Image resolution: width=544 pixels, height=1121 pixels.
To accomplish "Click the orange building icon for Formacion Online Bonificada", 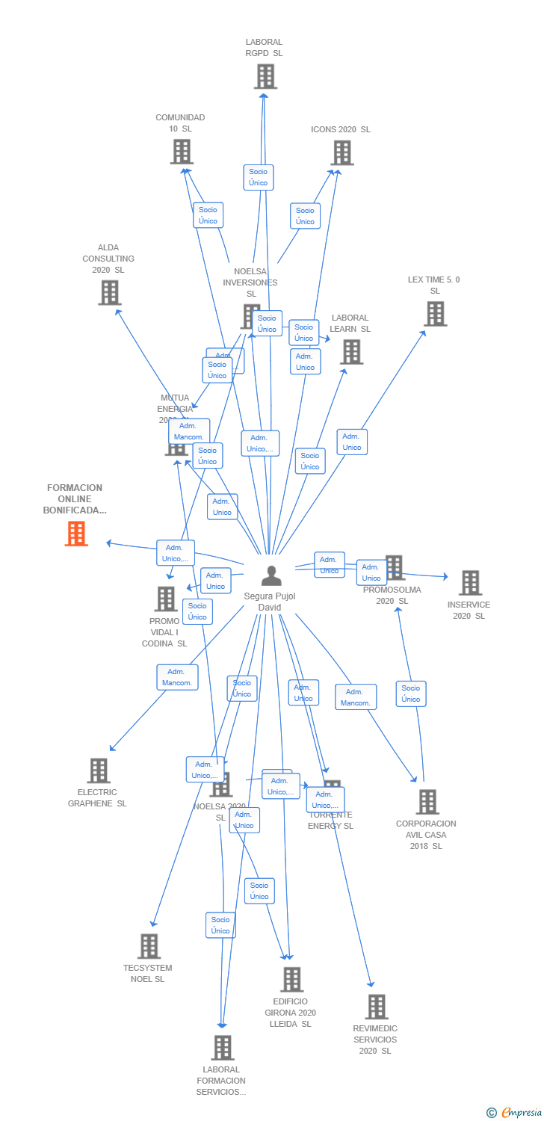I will click(76, 534).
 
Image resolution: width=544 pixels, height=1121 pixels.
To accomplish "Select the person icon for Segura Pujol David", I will click(270, 576).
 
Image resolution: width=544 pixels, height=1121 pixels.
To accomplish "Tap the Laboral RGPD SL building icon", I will click(265, 76).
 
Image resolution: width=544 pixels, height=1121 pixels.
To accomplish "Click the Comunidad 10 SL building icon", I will click(182, 152).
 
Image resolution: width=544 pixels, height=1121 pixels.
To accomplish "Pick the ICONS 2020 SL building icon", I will click(341, 152).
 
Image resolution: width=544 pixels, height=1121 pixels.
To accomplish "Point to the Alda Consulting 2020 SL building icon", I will click(109, 292).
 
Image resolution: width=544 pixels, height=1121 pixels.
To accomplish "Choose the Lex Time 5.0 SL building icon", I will click(435, 314).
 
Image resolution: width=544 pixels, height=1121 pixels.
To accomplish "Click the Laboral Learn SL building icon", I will click(351, 351).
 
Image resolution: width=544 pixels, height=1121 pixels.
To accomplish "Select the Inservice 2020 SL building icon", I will click(470, 583).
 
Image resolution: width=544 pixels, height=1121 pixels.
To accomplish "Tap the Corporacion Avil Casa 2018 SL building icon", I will click(427, 802).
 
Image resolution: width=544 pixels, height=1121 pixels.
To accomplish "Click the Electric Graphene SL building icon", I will click(99, 771).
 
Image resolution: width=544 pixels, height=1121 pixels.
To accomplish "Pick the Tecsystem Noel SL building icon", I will click(149, 946).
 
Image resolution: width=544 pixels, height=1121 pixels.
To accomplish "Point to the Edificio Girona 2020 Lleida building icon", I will click(291, 979).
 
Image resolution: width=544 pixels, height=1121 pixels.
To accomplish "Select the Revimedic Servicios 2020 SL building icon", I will click(377, 1007).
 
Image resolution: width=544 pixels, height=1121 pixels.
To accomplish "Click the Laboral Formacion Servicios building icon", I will click(222, 1048).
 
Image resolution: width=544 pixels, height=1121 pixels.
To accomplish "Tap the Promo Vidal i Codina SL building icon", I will click(165, 599).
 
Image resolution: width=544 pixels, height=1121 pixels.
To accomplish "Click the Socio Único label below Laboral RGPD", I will click(258, 177).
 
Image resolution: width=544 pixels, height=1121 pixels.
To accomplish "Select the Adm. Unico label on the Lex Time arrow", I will click(351, 442).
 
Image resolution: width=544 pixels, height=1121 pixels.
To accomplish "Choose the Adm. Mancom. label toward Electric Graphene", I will click(177, 677).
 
